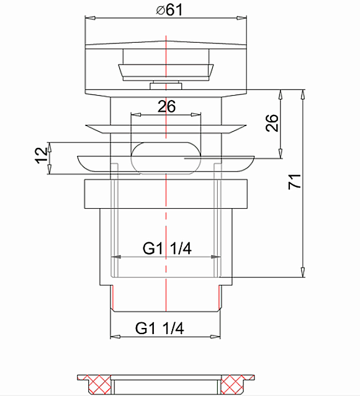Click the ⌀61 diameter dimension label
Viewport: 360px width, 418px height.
pyautogui.click(x=169, y=10)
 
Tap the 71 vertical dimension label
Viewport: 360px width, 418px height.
pyautogui.click(x=295, y=181)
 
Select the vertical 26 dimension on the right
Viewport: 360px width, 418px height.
pyautogui.click(x=272, y=123)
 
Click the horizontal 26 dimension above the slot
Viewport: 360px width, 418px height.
pyautogui.click(x=166, y=106)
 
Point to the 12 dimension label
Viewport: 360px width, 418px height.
pyautogui.click(x=42, y=155)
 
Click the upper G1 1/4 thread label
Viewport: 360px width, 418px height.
pyautogui.click(x=167, y=248)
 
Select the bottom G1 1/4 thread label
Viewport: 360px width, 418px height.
pyautogui.click(x=160, y=328)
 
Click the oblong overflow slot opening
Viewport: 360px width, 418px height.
pyautogui.click(x=166, y=158)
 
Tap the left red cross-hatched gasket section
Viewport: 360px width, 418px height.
pyautogui.click(x=98, y=384)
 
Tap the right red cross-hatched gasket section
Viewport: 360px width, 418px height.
pyautogui.click(x=234, y=384)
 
